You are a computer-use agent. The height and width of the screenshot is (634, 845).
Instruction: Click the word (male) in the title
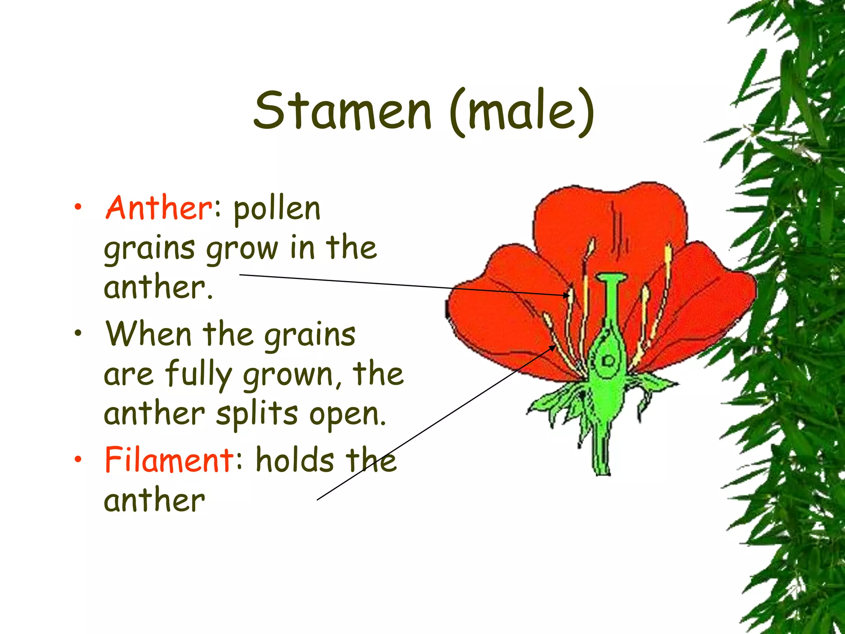coord(522,111)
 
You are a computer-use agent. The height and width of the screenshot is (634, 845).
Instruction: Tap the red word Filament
coord(169,459)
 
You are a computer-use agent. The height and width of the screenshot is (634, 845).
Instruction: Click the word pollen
coord(277,210)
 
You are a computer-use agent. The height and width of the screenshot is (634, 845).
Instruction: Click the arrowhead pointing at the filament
coord(552,348)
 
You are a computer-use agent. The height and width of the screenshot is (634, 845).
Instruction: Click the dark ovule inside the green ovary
coord(608,362)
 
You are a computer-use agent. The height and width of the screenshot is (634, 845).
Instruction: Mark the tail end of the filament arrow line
coord(317,500)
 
